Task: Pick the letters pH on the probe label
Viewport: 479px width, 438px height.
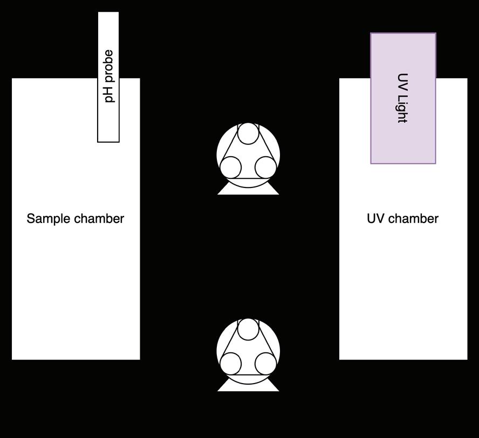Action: tap(109, 95)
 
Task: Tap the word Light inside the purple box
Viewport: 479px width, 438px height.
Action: tap(402, 109)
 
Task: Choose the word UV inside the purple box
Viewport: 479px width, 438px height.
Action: tap(402, 81)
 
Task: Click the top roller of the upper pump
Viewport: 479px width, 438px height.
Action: tap(248, 133)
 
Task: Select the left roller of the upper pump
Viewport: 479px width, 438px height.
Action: tap(231, 168)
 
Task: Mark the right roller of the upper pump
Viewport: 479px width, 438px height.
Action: tap(265, 168)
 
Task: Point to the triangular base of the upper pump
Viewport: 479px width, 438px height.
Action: tap(248, 190)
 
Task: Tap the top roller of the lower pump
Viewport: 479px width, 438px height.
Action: tap(248, 329)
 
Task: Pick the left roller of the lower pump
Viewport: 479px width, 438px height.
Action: tap(231, 364)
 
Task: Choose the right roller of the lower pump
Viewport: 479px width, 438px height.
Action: tap(265, 364)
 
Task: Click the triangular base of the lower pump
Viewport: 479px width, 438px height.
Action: tap(248, 386)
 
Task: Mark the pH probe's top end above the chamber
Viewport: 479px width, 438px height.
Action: tap(108, 22)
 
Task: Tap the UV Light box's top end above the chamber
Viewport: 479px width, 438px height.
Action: tap(403, 40)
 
